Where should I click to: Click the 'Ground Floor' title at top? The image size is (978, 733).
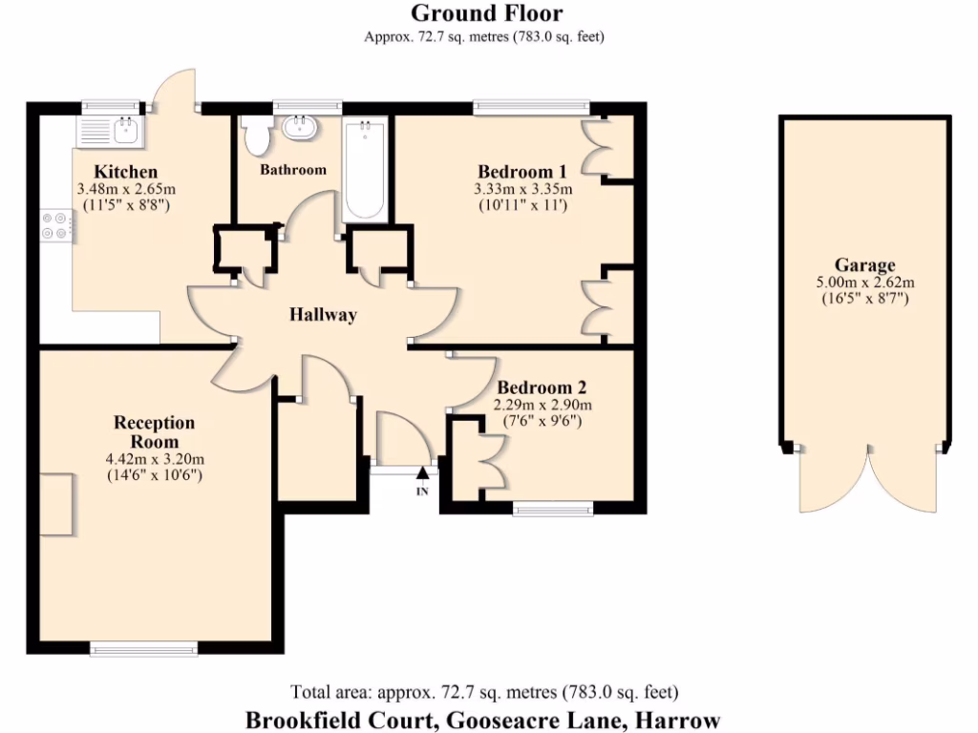486,13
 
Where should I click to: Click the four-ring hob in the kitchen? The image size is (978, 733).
54,225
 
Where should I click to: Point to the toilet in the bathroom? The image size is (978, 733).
257,136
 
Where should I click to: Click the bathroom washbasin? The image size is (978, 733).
301,126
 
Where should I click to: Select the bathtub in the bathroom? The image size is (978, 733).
365,169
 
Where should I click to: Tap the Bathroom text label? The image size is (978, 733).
293,170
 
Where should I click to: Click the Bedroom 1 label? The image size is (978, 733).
522,172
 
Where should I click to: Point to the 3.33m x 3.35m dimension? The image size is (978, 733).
522,189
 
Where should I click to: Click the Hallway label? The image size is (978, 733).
324,315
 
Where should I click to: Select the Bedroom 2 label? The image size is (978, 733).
542,388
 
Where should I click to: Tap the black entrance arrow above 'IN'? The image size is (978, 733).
422,473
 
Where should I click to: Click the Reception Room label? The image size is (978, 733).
154,431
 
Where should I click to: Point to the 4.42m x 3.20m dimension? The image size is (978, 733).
154,458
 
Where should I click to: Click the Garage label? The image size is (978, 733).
865,265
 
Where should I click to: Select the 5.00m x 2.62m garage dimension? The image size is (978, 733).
865,283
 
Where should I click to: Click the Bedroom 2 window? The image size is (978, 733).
552,509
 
